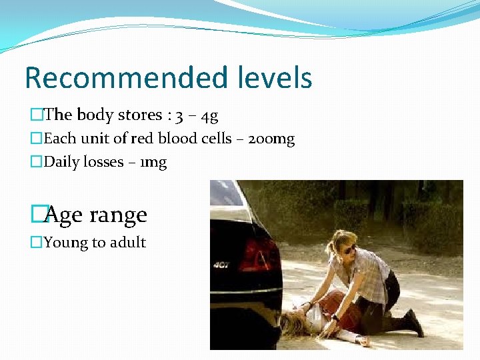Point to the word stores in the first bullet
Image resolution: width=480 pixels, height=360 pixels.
click(x=139, y=115)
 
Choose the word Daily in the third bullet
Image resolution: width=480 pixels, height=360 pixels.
click(x=61, y=162)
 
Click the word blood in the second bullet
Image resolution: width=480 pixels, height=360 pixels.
click(x=172, y=139)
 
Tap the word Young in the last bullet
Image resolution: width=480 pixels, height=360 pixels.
click(x=65, y=243)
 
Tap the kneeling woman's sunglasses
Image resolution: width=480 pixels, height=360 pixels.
click(x=349, y=249)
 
